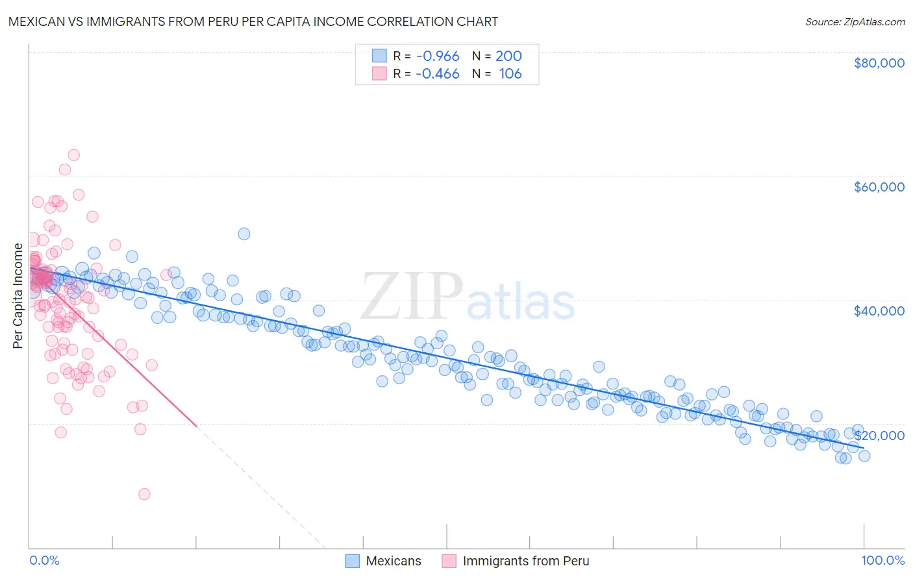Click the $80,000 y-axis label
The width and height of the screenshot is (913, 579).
[x=879, y=63]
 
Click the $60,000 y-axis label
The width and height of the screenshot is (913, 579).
[x=879, y=187]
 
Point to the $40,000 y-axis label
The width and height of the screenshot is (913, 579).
[x=879, y=311]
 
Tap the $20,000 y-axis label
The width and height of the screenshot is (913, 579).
[x=879, y=435]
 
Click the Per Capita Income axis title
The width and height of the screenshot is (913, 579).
[x=18, y=295]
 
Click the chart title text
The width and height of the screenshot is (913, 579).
[x=253, y=21]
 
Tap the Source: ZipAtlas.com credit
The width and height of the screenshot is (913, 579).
[x=855, y=21]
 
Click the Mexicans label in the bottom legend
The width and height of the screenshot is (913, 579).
[x=394, y=561]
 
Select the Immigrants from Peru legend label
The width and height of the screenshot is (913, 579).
[x=526, y=561]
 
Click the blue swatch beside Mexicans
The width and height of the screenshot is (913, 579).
[x=353, y=561]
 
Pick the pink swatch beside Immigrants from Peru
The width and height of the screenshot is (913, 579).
[x=449, y=561]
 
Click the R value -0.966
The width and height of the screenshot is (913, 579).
[x=438, y=56]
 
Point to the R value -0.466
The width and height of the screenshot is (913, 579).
[x=438, y=74]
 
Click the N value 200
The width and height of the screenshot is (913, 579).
[x=508, y=56]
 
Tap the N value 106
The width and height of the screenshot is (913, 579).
[x=510, y=74]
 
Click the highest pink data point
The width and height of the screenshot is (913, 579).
[x=73, y=155]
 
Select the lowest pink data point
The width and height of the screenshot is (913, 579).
[x=144, y=494]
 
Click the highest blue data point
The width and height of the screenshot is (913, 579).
[x=244, y=234]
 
